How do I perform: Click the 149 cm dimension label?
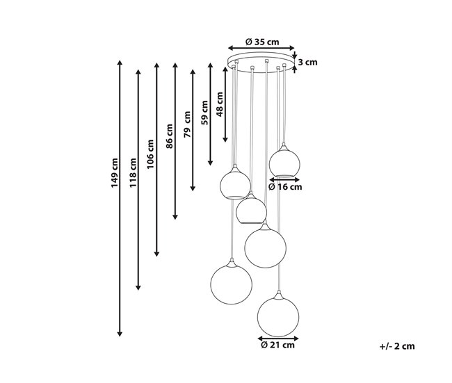point(115,173)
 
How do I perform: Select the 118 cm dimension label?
point(133,173)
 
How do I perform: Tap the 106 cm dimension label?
point(150,154)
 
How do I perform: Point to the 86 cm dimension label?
point(169,136)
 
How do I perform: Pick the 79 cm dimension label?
point(187,124)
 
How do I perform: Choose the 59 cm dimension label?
point(204,113)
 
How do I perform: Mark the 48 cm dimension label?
point(220,104)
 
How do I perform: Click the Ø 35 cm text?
point(262,42)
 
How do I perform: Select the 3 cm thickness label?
point(307,63)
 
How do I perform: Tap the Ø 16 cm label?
point(285,187)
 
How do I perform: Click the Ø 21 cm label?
point(278,345)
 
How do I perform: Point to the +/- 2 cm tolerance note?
point(397,346)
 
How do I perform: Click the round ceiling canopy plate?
point(261,63)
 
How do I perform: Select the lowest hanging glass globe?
point(278,316)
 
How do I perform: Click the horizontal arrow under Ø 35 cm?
point(261,48)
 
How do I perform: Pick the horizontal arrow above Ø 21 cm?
point(278,339)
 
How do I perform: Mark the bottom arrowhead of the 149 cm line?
point(120,334)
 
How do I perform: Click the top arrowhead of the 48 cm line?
point(225,70)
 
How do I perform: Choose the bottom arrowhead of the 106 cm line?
point(156,254)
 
